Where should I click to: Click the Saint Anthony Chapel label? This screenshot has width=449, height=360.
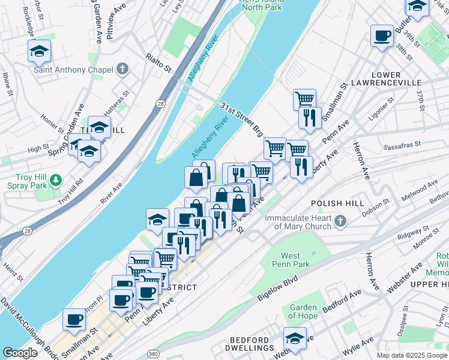pos(73,70)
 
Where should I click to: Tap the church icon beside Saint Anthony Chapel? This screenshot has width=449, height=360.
pos(122,69)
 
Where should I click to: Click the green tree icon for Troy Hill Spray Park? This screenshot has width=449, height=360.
pos(56,179)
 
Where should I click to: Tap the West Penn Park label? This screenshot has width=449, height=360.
pos(291,259)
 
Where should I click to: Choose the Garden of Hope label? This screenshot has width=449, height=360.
pos(303,311)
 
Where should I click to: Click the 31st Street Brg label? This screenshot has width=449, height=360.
pos(241,119)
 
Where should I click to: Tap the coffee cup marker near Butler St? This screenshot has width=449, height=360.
pos(382,36)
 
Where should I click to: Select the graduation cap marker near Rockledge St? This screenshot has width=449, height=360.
pos(39,51)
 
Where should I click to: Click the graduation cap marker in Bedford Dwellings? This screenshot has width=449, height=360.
pos(295,338)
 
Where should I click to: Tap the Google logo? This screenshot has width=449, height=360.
pos(20,352)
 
